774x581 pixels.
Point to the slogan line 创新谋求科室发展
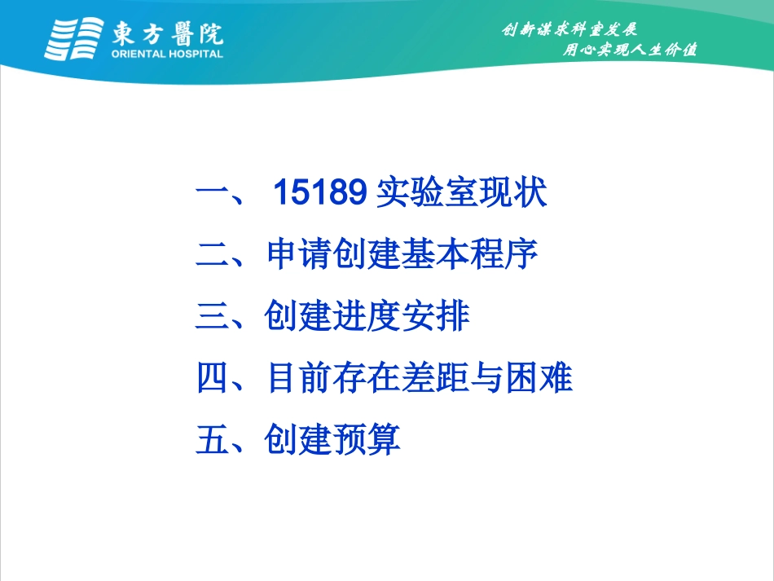(x=570, y=30)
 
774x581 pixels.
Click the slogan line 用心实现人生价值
(x=631, y=50)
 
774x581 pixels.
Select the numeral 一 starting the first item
(x=213, y=196)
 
